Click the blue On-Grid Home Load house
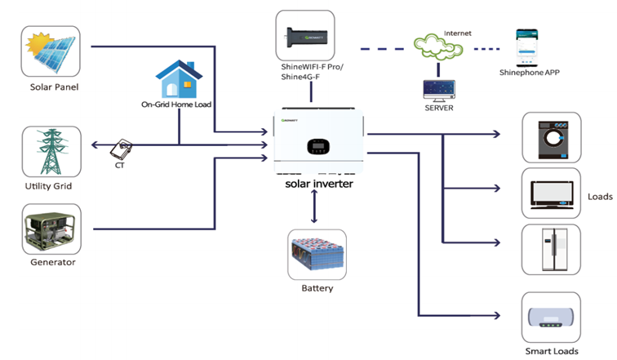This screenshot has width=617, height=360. coord(179,79)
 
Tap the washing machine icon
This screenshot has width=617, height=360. coord(551,134)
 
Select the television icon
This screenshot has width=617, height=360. coord(551,193)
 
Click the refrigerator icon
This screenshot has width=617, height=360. coord(551,249)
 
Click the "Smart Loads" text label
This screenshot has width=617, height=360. coord(552,351)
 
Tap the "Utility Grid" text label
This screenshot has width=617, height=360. coord(51,187)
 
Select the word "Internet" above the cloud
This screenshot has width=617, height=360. coord(457,33)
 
